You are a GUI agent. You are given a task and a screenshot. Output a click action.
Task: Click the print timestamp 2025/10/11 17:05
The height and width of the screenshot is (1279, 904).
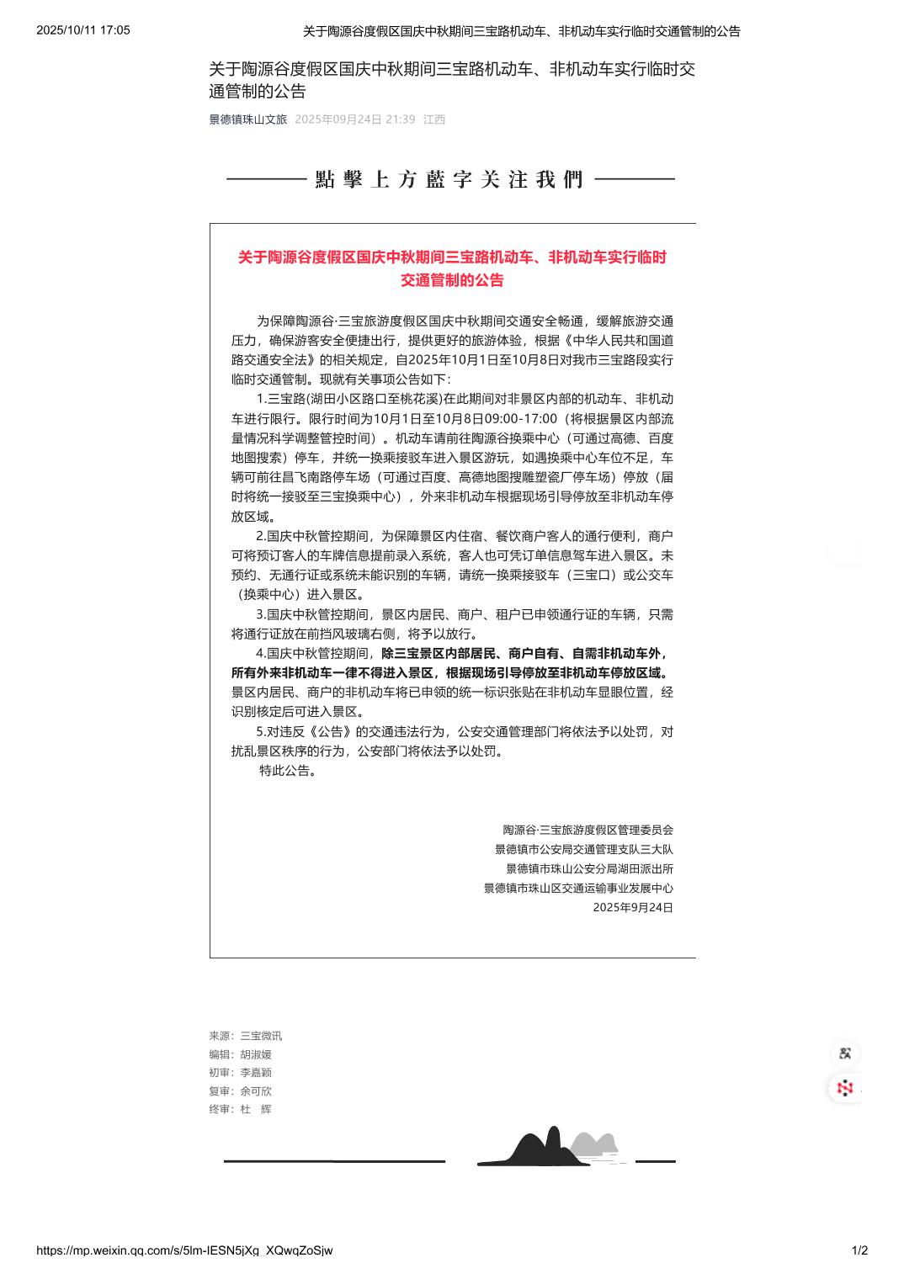82,30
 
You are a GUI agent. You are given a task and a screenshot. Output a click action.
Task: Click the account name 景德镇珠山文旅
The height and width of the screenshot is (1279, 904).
247,119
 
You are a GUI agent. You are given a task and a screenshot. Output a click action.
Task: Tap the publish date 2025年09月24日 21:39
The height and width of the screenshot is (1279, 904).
354,119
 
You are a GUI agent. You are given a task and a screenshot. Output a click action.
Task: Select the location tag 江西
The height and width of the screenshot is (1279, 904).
434,119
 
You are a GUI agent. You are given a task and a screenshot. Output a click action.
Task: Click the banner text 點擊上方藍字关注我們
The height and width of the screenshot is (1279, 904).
450,179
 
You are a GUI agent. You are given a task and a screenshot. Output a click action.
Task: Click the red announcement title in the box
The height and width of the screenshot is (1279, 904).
452,268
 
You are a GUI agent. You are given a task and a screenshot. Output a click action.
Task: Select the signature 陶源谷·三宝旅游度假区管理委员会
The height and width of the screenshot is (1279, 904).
588,830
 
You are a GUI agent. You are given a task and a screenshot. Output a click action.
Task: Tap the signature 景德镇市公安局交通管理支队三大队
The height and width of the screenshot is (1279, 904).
583,849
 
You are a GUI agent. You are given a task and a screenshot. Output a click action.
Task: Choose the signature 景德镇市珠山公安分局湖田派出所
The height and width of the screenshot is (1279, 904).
589,868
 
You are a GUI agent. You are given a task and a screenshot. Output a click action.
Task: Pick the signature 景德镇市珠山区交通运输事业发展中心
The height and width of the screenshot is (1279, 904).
578,888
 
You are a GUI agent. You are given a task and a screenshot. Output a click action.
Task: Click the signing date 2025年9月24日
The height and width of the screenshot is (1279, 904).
632,907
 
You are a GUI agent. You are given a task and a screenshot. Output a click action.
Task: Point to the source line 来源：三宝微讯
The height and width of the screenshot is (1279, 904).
246,1036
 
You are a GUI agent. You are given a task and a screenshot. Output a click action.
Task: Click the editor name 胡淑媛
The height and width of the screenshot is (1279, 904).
256,1054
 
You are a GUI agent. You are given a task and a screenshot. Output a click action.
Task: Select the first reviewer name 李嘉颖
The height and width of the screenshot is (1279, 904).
256,1072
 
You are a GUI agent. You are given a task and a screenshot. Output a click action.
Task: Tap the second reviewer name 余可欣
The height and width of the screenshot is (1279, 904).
256,1091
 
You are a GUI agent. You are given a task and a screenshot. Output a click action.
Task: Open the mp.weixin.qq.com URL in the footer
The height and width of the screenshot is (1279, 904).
184,1250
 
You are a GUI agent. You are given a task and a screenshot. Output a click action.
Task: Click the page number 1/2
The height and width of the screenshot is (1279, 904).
859,1250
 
